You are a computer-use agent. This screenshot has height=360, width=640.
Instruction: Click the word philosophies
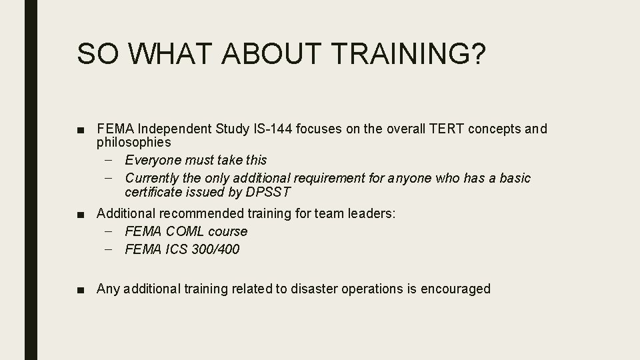(134, 142)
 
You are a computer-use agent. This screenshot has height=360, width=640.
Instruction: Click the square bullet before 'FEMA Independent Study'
(81, 129)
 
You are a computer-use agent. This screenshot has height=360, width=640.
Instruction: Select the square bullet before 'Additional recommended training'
(81, 214)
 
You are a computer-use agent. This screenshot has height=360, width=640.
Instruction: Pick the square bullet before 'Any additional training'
(81, 289)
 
